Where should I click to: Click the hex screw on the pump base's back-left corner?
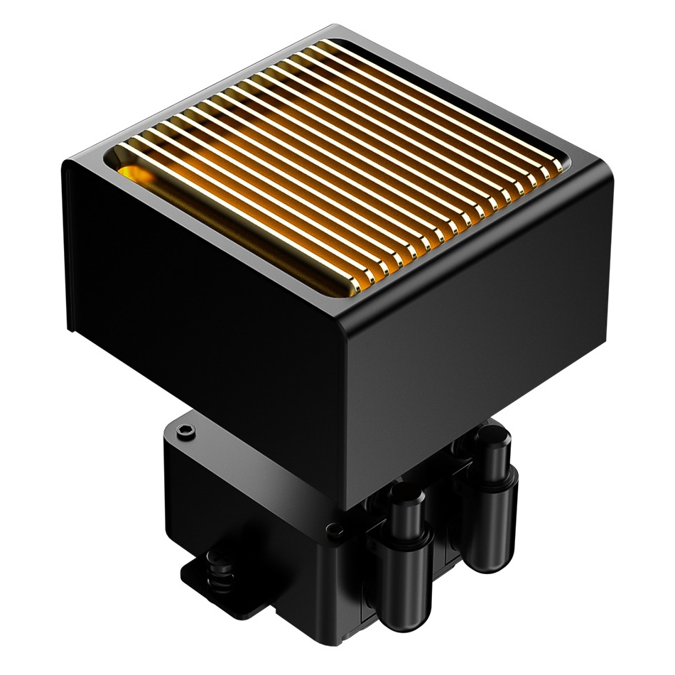point(186,431)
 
